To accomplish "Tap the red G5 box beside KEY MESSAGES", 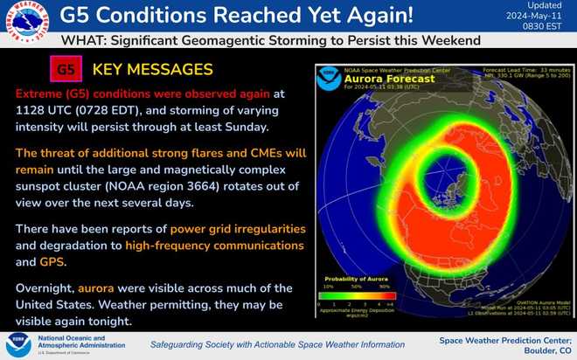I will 64,69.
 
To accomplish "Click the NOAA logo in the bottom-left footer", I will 18,343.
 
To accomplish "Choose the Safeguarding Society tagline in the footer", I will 271,343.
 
